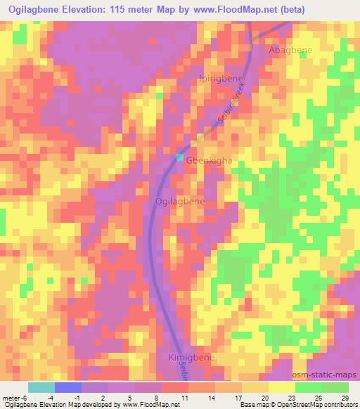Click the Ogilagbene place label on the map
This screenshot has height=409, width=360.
click(x=179, y=202)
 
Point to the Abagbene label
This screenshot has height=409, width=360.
click(x=290, y=51)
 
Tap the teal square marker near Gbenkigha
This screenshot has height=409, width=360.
click(x=180, y=157)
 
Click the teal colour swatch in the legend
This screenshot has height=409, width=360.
click(x=41, y=387)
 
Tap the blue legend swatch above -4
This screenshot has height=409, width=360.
click(x=68, y=387)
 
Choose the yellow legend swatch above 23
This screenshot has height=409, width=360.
click(x=282, y=387)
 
